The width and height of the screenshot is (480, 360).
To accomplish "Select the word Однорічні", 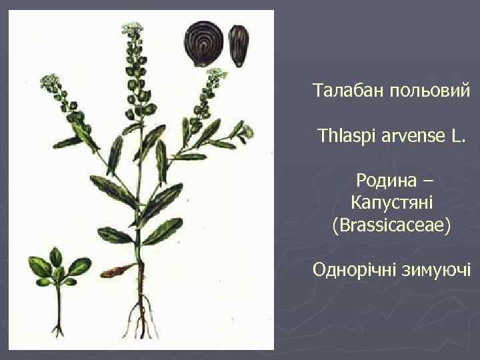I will point(354,270).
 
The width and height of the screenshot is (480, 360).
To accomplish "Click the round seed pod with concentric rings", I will point(205,44).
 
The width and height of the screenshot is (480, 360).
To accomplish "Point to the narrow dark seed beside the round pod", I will point(238,45).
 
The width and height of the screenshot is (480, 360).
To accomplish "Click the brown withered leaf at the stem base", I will point(121,270).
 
